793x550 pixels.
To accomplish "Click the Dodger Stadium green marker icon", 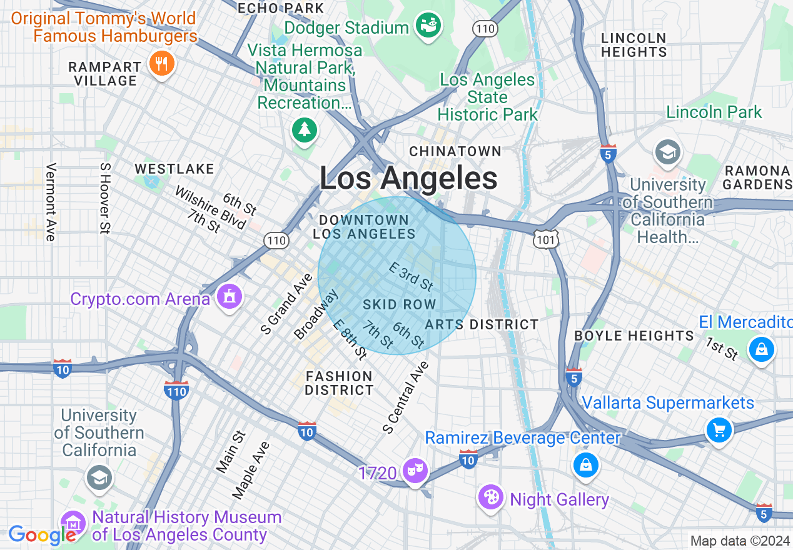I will coord(430,26).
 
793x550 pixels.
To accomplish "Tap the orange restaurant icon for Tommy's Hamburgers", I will coord(161,63).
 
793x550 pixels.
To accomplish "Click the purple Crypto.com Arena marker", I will coord(230,297).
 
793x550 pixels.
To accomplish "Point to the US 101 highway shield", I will coord(546,238).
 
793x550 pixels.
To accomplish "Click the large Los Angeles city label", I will coord(408,179).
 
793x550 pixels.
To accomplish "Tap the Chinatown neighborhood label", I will coord(455,151).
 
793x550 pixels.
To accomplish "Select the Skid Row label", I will coord(399,304).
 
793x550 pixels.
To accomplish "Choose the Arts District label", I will coord(482,324).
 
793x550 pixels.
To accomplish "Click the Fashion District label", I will coord(339,383).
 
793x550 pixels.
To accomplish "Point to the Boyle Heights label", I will coord(634,336).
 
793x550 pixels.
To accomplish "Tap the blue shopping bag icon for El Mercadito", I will coord(762,349).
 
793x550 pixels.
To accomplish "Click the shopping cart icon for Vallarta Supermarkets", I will coord(719,430).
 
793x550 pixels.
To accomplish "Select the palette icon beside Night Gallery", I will coord(491,497).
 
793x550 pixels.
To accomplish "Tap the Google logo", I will coord(43,535).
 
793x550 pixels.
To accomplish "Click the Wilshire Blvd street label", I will coord(211,208).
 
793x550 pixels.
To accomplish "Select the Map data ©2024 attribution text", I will coord(739,541).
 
